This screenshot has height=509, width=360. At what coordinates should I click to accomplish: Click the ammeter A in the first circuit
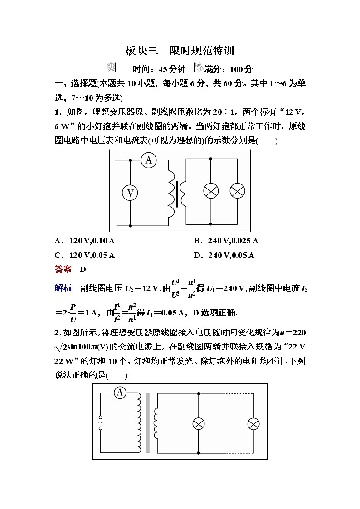pos(148,160)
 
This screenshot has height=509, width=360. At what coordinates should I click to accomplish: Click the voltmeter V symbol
pos(130,193)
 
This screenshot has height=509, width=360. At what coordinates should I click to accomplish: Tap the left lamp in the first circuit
pos(211,191)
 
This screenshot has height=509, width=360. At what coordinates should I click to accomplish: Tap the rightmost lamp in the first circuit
pos(237,191)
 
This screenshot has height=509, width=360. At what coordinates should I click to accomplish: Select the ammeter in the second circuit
pos(120,393)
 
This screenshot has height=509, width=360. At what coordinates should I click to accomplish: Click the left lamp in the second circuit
pos(199,424)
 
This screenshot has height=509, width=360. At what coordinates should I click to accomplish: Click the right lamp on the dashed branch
pos(253,424)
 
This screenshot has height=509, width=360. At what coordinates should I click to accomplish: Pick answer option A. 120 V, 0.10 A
pos(85,241)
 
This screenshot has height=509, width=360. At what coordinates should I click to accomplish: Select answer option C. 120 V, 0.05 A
pos(84,255)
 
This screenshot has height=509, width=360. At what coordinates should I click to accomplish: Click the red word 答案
pos(63,269)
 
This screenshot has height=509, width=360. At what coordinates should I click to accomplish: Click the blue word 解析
pos(63,288)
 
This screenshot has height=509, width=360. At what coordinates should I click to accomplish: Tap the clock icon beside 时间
pos(111,67)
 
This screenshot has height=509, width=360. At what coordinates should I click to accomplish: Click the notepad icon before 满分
pos(199,67)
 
